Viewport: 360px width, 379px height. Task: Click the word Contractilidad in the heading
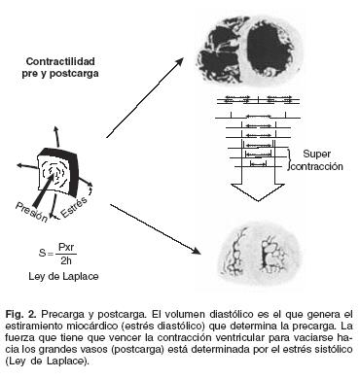point(60,61)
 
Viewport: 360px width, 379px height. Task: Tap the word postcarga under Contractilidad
point(74,74)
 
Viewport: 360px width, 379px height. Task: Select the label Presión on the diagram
point(31,212)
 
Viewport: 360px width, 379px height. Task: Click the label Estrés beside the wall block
point(74,207)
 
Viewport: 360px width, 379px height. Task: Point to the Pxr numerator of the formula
point(66,248)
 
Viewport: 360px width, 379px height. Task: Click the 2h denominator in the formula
point(66,260)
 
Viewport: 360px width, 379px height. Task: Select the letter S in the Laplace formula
point(42,253)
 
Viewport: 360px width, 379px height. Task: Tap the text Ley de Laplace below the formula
point(63,276)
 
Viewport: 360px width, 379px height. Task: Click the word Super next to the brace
point(316,155)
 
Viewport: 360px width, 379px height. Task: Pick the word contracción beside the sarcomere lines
point(317,166)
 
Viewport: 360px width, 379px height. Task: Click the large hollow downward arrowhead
point(258,192)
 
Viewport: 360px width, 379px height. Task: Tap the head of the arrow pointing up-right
point(179,62)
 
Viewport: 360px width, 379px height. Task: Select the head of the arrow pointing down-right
point(195,250)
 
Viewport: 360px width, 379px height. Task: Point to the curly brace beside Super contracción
point(288,160)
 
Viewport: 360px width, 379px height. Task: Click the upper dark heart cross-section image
point(250,51)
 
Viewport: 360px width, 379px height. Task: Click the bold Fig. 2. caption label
point(19,315)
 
